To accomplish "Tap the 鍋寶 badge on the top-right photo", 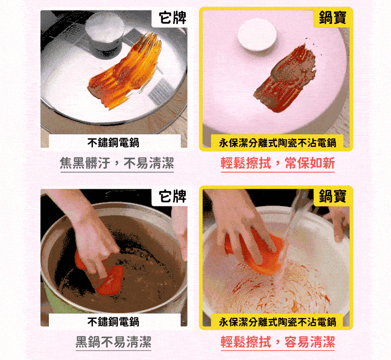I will click(332, 18).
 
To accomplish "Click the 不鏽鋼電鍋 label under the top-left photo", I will click(113, 142).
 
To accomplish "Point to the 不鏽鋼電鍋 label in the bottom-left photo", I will click(113, 321).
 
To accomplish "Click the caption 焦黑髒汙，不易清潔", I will click(117, 163).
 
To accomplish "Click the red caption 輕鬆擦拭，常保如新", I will click(278, 163).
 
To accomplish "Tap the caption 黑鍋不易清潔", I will click(113, 341).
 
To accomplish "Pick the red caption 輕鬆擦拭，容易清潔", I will click(278, 341).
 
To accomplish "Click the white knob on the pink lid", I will click(257, 37).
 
